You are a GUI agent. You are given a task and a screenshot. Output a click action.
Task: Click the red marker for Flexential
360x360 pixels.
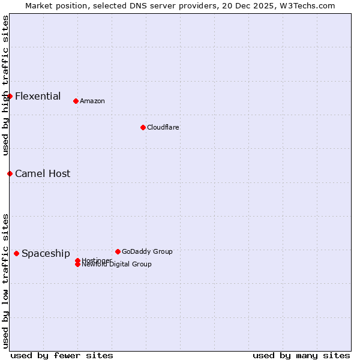tap(10, 96)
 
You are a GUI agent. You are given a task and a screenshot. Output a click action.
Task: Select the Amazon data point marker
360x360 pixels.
tap(76, 101)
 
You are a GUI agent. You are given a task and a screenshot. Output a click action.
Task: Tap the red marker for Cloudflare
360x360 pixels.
tap(143, 127)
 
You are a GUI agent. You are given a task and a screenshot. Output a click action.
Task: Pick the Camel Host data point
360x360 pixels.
tap(10, 173)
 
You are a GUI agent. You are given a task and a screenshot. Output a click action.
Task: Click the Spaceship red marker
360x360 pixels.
tap(16, 253)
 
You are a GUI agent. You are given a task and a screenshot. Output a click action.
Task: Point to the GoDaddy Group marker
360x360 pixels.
tap(118, 251)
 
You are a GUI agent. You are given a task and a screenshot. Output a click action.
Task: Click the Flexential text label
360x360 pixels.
tap(38, 96)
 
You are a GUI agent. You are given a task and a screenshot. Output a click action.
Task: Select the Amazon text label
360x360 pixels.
tap(92, 101)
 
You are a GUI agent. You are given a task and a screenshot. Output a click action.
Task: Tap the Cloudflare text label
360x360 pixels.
tap(163, 127)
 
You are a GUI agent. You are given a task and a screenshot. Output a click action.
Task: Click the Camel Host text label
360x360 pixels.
tap(43, 173)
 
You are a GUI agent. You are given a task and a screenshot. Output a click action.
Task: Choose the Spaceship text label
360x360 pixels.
tap(46, 253)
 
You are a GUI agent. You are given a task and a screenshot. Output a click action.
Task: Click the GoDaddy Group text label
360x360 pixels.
tap(147, 251)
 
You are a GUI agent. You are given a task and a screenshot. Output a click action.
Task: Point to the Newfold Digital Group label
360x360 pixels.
tap(117, 265)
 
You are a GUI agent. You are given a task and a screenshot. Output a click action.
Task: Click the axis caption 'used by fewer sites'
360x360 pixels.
tap(62, 355)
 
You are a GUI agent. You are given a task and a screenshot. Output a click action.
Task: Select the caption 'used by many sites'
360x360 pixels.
tap(301, 355)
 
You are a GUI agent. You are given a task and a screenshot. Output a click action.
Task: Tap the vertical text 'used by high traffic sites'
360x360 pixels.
tap(5, 85)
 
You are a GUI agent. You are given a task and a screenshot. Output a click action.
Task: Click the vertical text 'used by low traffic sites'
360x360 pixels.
tap(5, 280)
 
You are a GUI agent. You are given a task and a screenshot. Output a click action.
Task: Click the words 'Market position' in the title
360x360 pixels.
tap(58, 5)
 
